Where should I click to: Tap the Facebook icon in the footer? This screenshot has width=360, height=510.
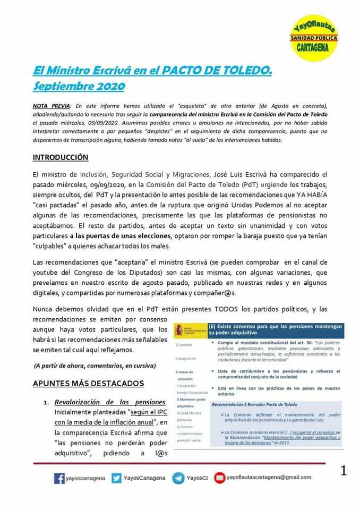pos(59,478)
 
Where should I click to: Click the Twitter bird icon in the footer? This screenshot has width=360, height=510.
pos(116,478)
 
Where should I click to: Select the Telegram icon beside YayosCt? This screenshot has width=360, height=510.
pos(178,478)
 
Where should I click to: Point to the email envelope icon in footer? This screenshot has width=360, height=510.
pos(219,478)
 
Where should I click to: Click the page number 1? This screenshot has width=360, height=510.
pos(344,470)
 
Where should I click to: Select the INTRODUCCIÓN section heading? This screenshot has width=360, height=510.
pos(61,158)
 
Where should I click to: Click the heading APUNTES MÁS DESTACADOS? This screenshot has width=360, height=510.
pos(88,383)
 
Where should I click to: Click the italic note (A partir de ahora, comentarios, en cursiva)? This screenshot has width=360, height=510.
pos(95,365)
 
